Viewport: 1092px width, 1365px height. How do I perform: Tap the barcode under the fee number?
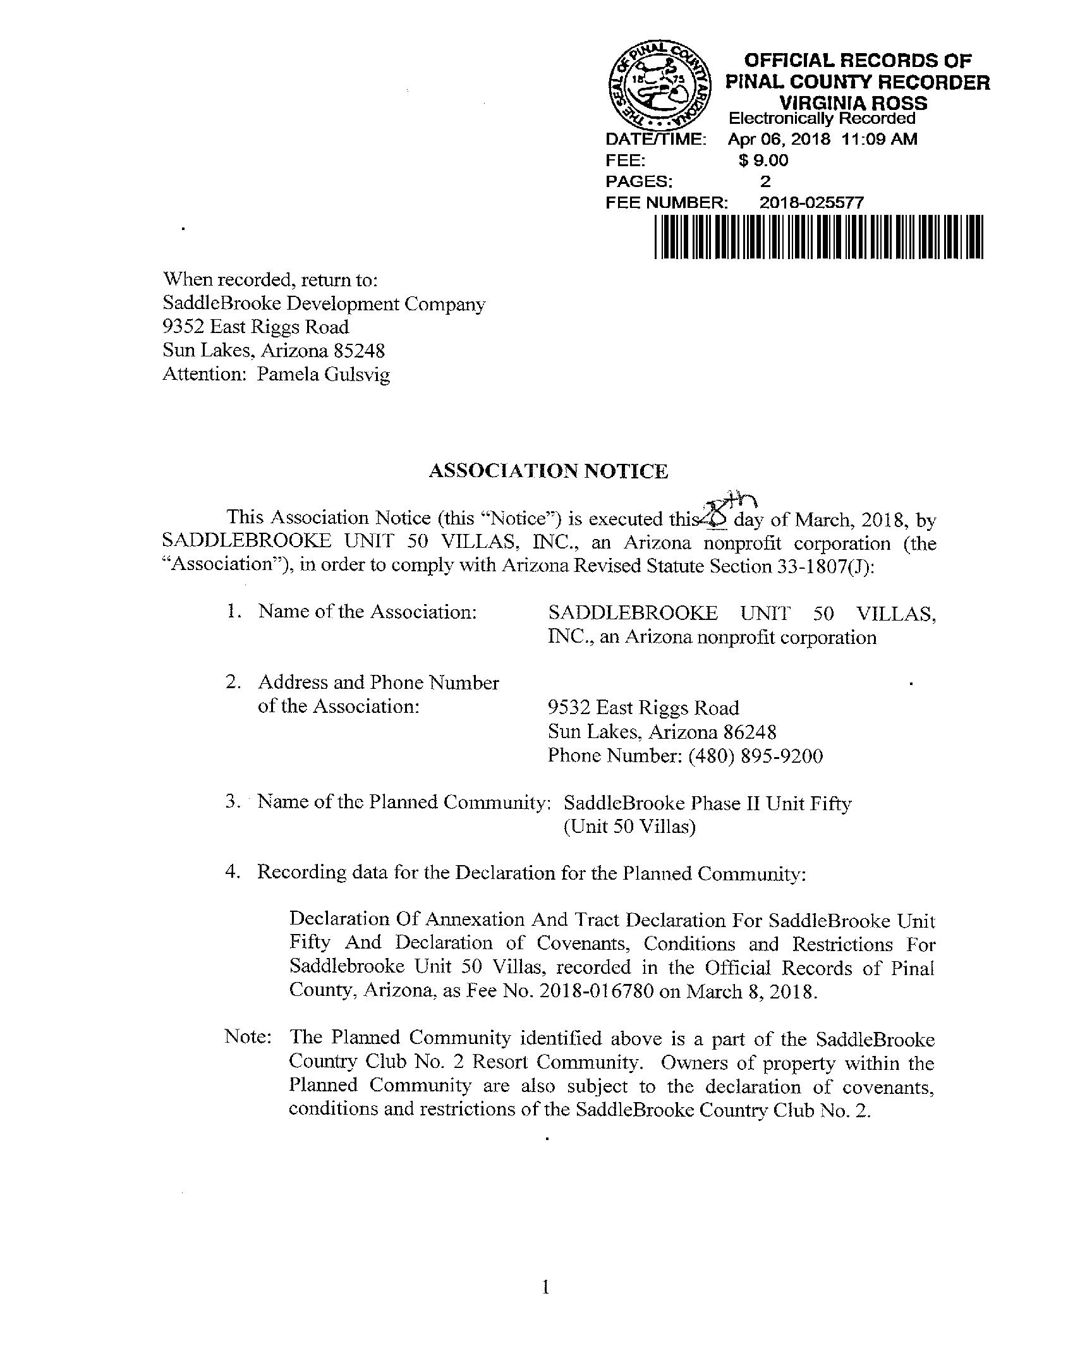pyautogui.click(x=818, y=237)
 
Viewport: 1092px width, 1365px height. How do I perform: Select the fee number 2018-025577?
pyautogui.click(x=811, y=203)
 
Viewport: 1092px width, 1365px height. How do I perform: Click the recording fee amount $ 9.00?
pyautogui.click(x=763, y=160)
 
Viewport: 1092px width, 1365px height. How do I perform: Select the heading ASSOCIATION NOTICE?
pyautogui.click(x=549, y=471)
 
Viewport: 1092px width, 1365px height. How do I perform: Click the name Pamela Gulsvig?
pyautogui.click(x=323, y=374)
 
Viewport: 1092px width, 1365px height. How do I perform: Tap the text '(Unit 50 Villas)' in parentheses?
pyautogui.click(x=629, y=827)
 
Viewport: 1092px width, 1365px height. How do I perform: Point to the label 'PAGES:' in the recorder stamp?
pyautogui.click(x=639, y=182)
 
